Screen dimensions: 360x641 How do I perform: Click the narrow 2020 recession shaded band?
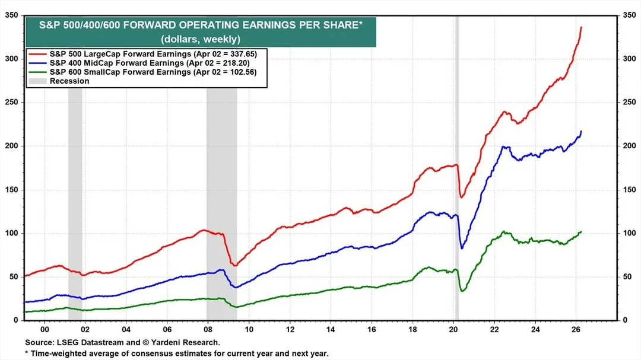[456, 178]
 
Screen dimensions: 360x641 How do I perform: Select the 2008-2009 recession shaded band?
[221, 178]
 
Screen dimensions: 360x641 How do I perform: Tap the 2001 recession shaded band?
[75, 178]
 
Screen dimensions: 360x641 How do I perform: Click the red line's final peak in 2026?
[581, 27]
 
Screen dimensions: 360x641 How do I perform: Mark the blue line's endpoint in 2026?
[581, 131]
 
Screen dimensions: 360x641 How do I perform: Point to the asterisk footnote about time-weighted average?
[177, 353]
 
